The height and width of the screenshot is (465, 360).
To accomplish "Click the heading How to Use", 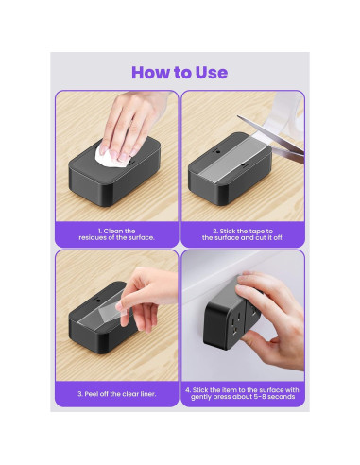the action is coord(180,73).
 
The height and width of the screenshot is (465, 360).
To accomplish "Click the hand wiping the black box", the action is coord(132,124).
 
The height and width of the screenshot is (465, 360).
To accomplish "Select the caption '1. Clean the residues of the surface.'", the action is coord(116,234).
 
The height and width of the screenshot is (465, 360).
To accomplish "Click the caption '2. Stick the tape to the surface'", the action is coord(243,234).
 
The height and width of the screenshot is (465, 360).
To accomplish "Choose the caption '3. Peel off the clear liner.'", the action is coord(117,394).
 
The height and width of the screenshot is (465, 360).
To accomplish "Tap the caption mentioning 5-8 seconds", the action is coord(243,393).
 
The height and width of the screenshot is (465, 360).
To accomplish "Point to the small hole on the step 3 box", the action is coord(98,301).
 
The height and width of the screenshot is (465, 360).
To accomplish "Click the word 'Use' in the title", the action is coord(212,73).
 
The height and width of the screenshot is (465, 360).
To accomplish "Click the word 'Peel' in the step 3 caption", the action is coord(90,394).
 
